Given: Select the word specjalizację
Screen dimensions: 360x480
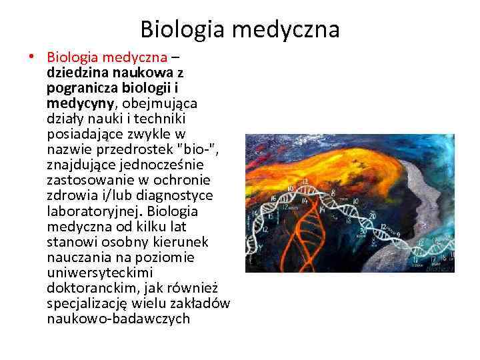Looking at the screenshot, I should click(87, 303).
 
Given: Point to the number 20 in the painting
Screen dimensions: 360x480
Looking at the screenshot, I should click(372, 217).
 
